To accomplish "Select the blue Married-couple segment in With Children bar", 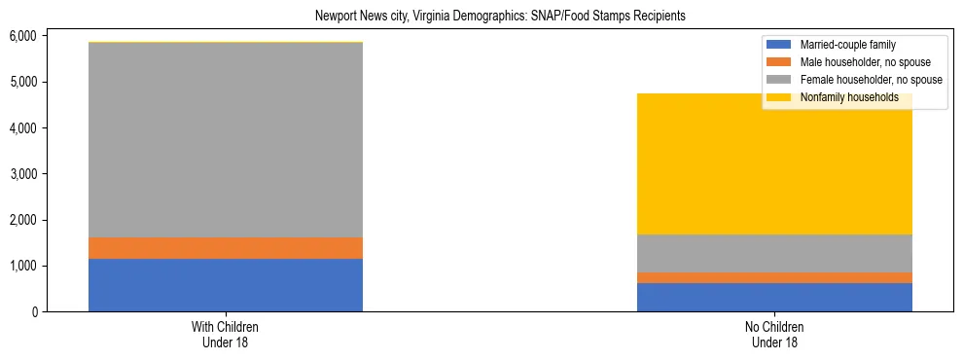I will point(226,285).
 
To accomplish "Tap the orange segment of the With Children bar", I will point(226,248).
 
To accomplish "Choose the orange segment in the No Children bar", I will point(774,277).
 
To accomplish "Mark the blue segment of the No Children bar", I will point(774,297).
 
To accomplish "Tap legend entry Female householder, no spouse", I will point(871,80).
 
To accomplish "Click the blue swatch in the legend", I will point(779,45).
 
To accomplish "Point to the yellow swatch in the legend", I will point(779,97).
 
